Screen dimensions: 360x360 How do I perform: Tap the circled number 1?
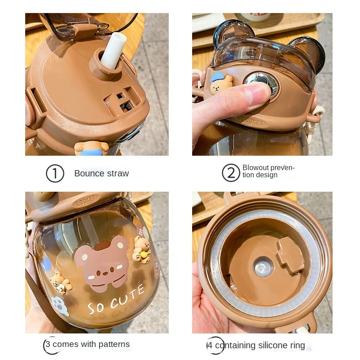[55, 173]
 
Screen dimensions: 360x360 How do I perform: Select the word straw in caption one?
[118, 174]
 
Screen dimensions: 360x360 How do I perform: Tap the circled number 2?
[231, 173]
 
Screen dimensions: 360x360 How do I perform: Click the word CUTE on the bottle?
[127, 297]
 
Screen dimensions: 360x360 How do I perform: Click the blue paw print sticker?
[59, 306]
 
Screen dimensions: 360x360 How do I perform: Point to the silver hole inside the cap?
[263, 267]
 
